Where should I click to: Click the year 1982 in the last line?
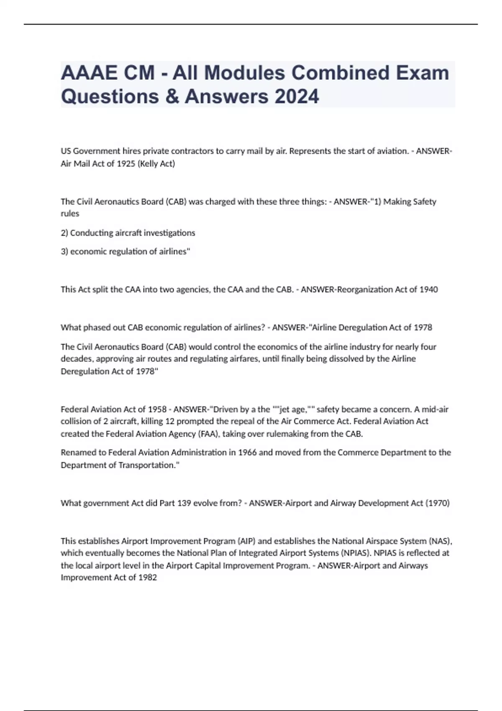[x=148, y=578]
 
